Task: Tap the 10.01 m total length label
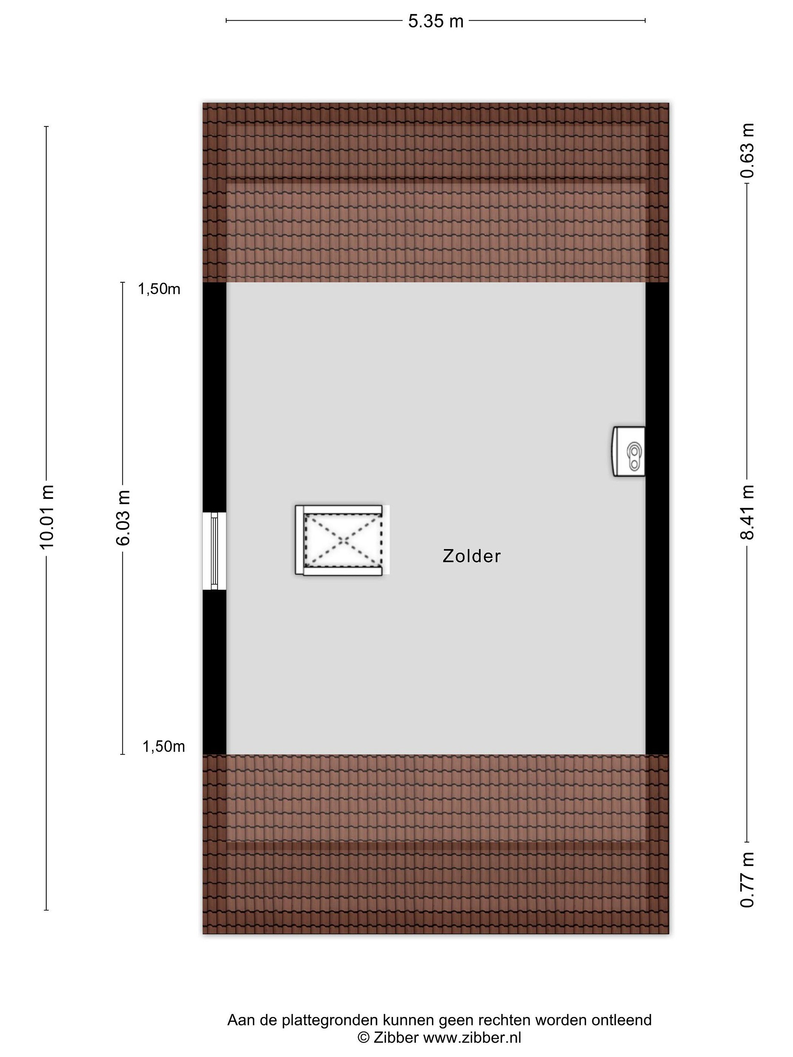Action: pos(47,516)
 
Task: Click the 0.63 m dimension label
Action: pos(747,150)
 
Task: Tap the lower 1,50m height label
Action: pos(163,747)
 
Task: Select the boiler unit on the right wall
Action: pos(629,451)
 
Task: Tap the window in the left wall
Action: pos(214,551)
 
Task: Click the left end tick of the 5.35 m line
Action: pos(226,21)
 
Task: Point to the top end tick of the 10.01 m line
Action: pos(46,127)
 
